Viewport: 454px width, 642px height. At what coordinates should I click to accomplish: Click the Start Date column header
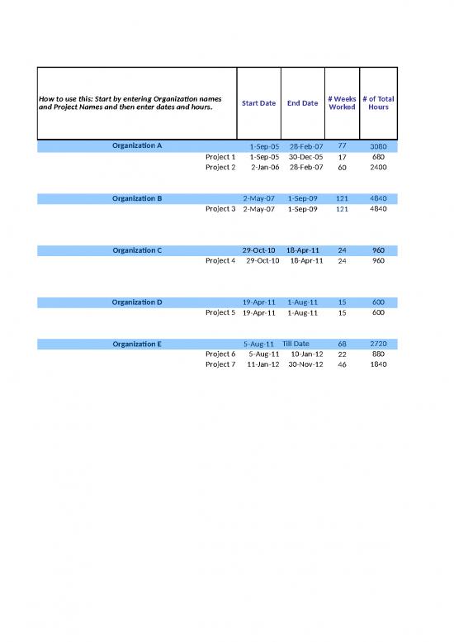tap(258, 103)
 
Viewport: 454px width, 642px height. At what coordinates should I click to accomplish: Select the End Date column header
tap(302, 103)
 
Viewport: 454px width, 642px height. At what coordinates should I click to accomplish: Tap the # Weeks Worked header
tap(342, 103)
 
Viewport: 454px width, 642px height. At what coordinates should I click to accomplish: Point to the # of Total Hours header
tap(378, 103)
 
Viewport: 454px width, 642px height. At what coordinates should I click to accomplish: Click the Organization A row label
tap(137, 146)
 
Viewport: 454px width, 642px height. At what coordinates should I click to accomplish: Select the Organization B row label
tap(137, 198)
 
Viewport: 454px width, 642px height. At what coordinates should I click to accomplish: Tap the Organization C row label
tap(137, 250)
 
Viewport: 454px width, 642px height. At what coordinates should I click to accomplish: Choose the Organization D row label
tap(137, 302)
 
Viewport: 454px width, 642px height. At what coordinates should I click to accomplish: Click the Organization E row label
tap(137, 344)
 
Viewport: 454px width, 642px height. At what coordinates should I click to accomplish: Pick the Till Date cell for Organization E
tap(296, 344)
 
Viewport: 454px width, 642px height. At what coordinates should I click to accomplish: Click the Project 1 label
tap(220, 156)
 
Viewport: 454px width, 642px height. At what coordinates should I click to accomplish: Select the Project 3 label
tap(220, 208)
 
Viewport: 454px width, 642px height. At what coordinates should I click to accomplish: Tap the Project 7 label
tap(220, 364)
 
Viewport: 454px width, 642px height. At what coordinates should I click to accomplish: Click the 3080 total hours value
tap(378, 146)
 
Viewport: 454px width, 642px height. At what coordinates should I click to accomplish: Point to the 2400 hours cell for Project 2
tap(378, 167)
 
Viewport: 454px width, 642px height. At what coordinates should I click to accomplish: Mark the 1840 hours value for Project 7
tap(378, 364)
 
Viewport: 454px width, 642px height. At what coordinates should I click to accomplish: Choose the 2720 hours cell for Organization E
tap(378, 344)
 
